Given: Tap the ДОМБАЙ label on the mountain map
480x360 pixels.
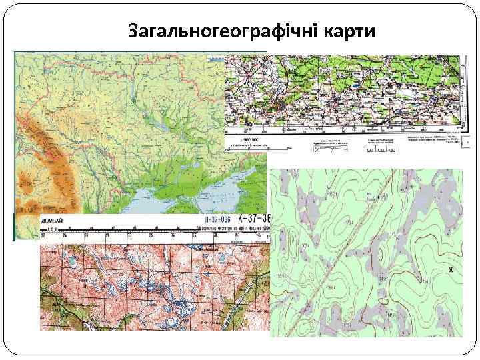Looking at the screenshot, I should point(53,219).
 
